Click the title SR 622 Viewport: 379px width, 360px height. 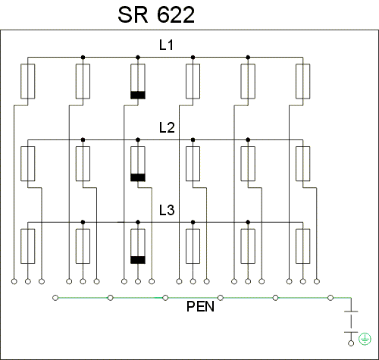point(156,15)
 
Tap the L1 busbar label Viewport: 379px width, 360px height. point(166,45)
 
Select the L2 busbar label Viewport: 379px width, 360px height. point(167,127)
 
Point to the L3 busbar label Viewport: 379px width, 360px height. point(167,210)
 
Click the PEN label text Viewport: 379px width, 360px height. point(200,306)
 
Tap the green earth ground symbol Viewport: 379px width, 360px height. point(365,339)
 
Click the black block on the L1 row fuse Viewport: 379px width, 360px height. point(138,95)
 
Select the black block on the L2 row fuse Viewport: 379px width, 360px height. point(138,177)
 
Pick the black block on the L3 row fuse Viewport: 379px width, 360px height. point(138,260)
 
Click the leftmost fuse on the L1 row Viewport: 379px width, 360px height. point(28,81)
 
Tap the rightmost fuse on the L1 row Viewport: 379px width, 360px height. point(303,81)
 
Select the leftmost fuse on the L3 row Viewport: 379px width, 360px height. point(28,246)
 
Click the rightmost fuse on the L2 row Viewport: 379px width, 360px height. point(303,164)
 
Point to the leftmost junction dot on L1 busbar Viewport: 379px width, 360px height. point(83,58)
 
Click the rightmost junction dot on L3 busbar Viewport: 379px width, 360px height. point(248,222)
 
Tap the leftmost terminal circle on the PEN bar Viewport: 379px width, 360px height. point(55,298)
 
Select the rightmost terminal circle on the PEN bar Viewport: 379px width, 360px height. point(330,298)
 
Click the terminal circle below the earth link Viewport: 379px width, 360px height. point(351,343)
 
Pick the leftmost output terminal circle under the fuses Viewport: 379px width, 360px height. point(14,281)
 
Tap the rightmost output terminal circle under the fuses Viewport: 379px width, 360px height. point(317,281)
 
